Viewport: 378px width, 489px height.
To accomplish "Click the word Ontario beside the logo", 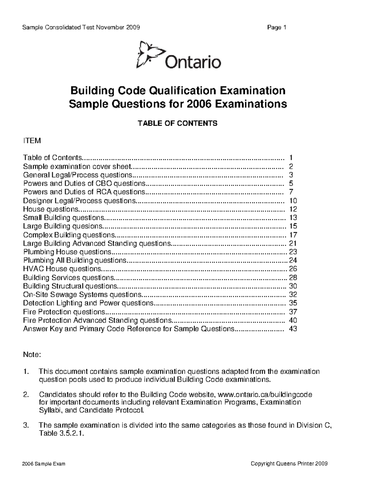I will (x=193, y=62).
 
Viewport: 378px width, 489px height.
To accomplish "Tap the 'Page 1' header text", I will (x=276, y=27).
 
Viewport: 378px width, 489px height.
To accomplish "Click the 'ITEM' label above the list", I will (x=32, y=141).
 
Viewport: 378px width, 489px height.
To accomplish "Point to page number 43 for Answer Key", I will (x=293, y=329).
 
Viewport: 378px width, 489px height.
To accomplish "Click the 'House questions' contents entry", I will (x=51, y=209).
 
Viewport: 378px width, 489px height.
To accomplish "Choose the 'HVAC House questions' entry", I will (x=62, y=269).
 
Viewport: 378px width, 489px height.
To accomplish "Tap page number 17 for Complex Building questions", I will (x=293, y=235).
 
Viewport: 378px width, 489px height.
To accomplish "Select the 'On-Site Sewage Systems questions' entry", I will (x=82, y=295).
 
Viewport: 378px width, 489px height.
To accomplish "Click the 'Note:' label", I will (x=32, y=355).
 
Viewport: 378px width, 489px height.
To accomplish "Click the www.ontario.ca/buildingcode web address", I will (x=265, y=395).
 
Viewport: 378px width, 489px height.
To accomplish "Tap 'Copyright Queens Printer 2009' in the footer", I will (x=289, y=463).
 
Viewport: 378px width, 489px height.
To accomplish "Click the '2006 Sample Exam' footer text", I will (x=44, y=463).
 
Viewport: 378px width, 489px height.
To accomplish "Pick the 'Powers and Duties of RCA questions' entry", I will (x=84, y=192).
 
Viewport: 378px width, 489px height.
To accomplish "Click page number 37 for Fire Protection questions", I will (x=293, y=312).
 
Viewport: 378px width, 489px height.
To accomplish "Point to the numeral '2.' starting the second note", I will (x=27, y=395).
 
